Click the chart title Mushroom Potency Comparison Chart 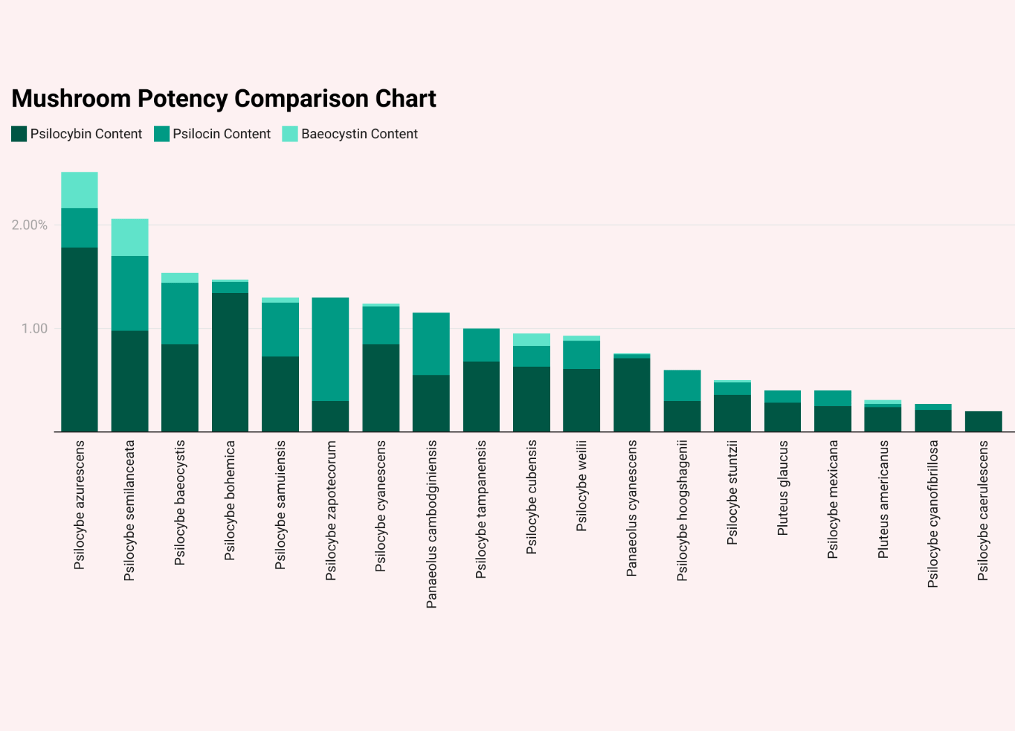pos(224,99)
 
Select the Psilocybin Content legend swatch pos(20,134)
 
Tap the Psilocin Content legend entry pos(213,134)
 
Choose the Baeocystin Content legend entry pos(350,134)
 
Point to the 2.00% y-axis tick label pos(29,225)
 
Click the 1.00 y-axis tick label pos(34,329)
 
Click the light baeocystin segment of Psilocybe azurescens pos(79,190)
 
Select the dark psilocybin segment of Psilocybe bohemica pos(230,361)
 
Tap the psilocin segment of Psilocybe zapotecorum pos(330,349)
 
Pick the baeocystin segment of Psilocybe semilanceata pos(130,237)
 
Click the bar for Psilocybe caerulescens pos(983,421)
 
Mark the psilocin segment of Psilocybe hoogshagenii pos(682,386)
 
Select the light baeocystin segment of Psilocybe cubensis pos(531,340)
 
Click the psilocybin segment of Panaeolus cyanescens pos(632,395)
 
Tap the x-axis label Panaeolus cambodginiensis pos(432,524)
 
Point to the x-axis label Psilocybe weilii pos(581,485)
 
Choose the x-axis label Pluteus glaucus pos(782,488)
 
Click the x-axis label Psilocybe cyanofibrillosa pos(933,513)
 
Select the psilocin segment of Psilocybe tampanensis pos(481,345)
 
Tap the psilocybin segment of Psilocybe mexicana pos(832,419)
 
